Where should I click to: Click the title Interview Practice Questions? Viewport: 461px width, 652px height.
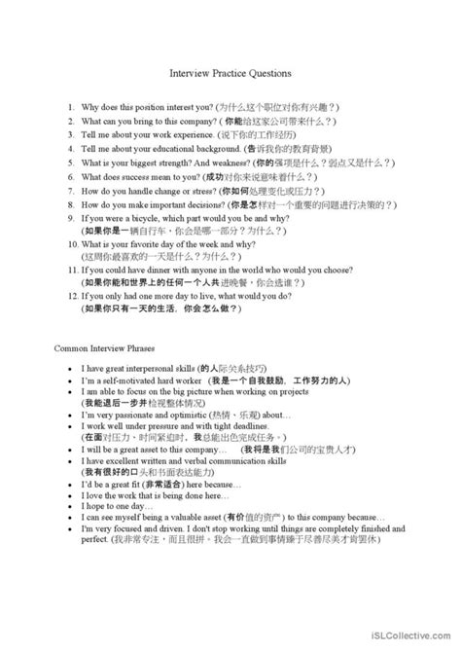tap(230, 72)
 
